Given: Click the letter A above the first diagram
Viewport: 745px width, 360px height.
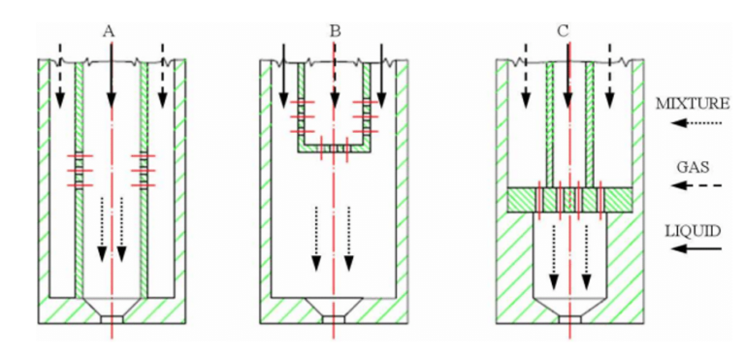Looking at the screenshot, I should click(110, 31).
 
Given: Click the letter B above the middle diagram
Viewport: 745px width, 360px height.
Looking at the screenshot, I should click(335, 31).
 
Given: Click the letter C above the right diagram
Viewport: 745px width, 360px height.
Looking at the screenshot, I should click(564, 31).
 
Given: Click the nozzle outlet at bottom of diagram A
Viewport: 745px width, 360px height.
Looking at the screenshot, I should click(113, 316).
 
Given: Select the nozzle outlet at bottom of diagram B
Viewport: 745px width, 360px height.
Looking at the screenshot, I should click(335, 316).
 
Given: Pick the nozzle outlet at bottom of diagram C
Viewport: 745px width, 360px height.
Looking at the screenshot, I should click(569, 316).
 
